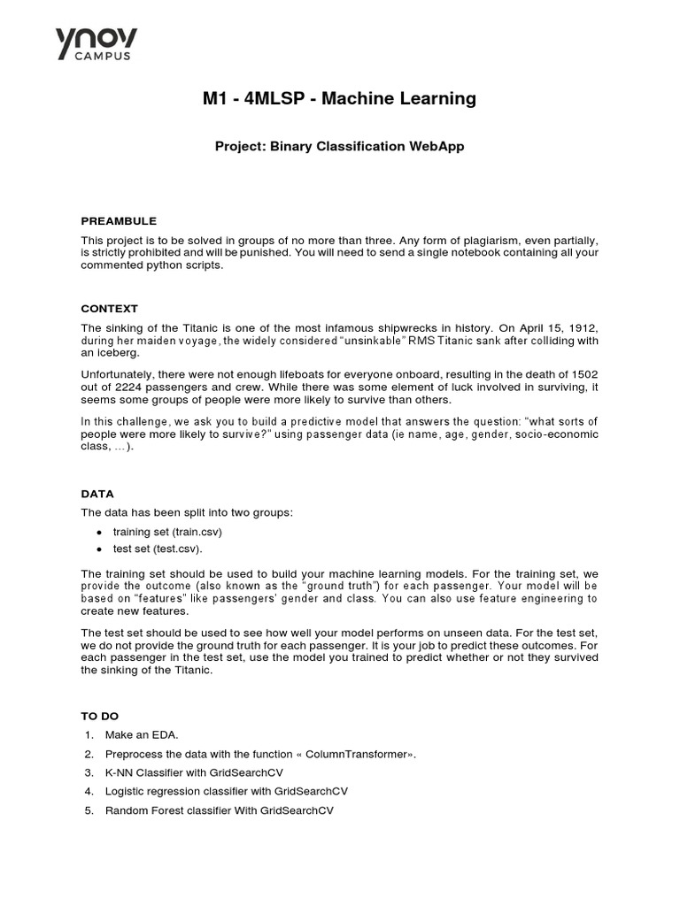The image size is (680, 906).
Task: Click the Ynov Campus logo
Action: pyautogui.click(x=97, y=45)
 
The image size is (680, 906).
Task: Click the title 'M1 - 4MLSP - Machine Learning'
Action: pyautogui.click(x=339, y=99)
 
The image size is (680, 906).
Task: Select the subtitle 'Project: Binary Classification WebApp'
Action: pyautogui.click(x=339, y=147)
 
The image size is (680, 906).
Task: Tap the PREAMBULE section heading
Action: pyautogui.click(x=119, y=221)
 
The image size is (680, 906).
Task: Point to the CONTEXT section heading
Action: pyautogui.click(x=110, y=309)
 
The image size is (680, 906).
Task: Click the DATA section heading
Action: pyautogui.click(x=97, y=494)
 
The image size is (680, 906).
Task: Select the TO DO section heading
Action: pyautogui.click(x=100, y=716)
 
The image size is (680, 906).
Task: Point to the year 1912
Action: pyautogui.click(x=580, y=327)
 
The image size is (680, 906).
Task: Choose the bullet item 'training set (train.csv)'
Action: pyautogui.click(x=167, y=532)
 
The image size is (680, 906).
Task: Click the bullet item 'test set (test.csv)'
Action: pyautogui.click(x=158, y=549)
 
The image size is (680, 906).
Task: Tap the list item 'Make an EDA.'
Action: pyautogui.click(x=147, y=735)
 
